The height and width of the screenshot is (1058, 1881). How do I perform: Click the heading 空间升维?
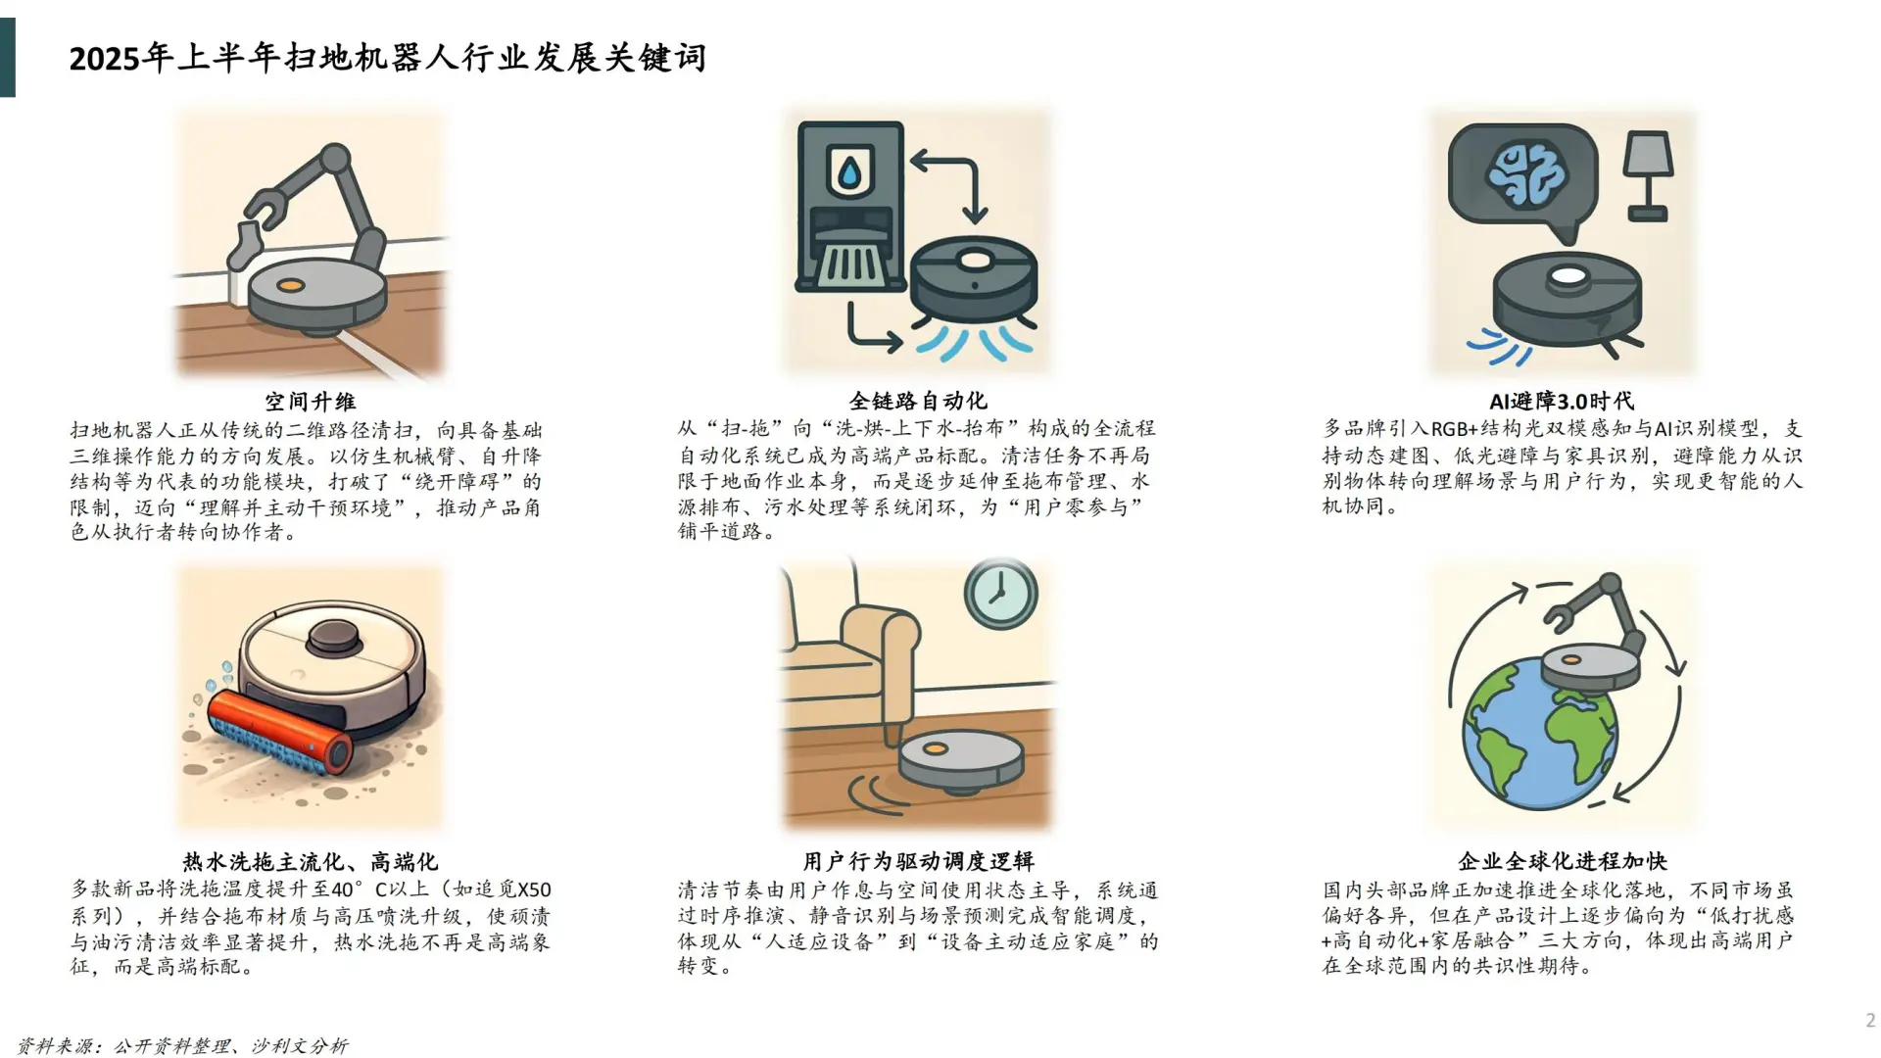[x=310, y=402]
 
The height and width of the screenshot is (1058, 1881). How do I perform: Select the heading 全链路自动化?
[x=918, y=401]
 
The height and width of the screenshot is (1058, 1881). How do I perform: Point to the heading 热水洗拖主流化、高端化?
[x=310, y=862]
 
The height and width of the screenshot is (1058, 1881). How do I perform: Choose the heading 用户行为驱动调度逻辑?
[x=918, y=861]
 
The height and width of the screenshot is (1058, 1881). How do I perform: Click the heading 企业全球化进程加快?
[x=1562, y=861]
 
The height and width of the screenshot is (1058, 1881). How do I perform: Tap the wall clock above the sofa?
[x=1000, y=594]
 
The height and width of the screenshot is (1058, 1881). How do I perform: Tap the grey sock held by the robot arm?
[x=243, y=244]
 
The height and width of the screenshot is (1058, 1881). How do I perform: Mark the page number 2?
[x=1869, y=1021]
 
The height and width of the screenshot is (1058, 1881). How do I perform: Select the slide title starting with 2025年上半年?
[x=387, y=59]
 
